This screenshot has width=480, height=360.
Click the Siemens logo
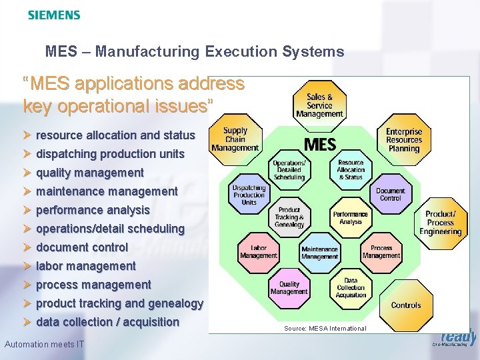point(54,15)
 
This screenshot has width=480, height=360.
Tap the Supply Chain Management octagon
point(235,139)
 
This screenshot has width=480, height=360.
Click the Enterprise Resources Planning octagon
point(404,140)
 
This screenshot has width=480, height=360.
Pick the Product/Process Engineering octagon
point(441,223)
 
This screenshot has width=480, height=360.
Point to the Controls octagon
point(406,305)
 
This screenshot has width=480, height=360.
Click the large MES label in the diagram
point(320,144)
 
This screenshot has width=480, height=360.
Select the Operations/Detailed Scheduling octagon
point(289,170)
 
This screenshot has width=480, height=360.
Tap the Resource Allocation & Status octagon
point(351,169)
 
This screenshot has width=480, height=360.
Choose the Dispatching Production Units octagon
point(249,195)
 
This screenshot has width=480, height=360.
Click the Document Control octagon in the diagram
point(390,195)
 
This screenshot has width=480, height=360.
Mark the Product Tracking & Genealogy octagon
point(289,217)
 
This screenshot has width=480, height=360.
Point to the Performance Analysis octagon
point(351,217)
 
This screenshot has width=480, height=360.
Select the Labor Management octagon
point(259,251)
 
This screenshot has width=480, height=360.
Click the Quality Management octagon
point(289,287)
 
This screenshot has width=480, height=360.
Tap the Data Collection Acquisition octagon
point(351,288)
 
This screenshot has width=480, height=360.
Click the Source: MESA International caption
point(325,328)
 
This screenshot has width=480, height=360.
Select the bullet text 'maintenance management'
point(107,191)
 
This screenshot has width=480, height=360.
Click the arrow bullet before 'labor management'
point(27,266)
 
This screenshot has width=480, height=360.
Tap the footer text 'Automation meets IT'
point(44,344)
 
